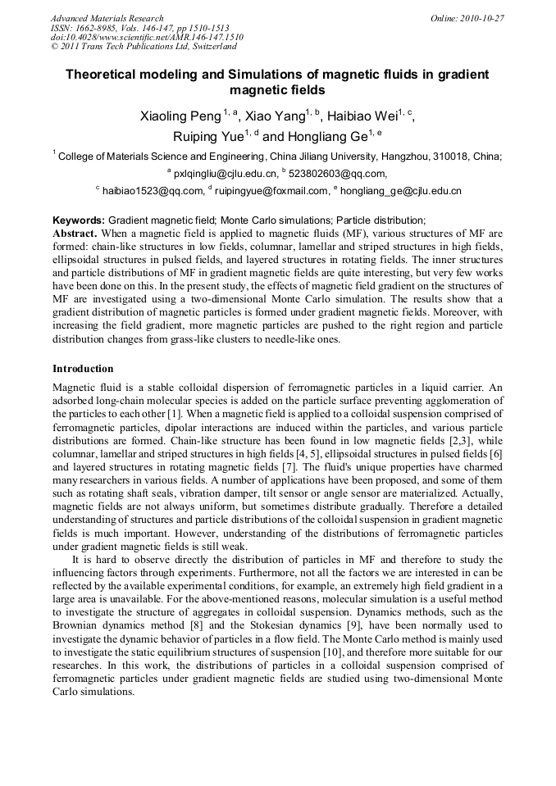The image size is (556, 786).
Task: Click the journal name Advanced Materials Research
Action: [107, 18]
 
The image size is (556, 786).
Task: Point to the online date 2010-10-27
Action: [481, 18]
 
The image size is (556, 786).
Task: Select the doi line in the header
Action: [147, 38]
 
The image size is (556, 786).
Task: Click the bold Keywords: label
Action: [79, 220]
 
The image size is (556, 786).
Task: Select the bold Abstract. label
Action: [75, 233]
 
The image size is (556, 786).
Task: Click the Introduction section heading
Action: [83, 369]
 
